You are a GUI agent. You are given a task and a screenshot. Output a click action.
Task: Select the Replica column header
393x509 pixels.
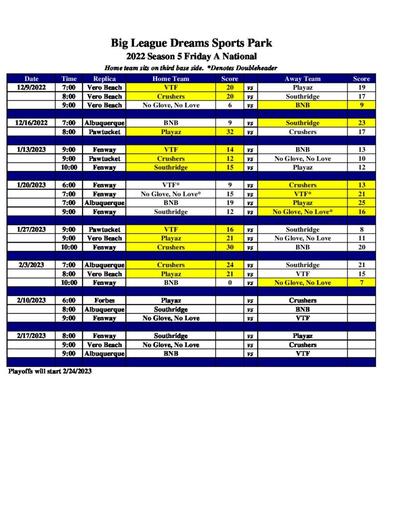pyautogui.click(x=104, y=79)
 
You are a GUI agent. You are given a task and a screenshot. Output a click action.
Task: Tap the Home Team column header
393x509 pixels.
pyautogui.click(x=170, y=79)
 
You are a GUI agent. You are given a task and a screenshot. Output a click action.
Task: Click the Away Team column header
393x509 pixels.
pyautogui.click(x=302, y=79)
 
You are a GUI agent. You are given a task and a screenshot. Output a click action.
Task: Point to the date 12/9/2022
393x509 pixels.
pyautogui.click(x=31, y=87)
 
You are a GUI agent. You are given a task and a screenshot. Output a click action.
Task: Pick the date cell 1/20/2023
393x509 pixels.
pyautogui.click(x=31, y=185)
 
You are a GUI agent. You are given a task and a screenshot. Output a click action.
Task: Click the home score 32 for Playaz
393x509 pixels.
pyautogui.click(x=230, y=132)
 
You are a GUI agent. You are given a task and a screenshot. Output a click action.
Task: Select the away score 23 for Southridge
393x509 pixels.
pyautogui.click(x=361, y=123)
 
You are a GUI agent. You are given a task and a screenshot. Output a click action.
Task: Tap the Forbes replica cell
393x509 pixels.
pyautogui.click(x=104, y=300)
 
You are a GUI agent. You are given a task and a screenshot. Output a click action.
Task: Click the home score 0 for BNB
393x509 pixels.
pyautogui.click(x=230, y=283)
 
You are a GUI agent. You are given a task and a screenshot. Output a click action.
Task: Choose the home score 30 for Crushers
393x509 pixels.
pyautogui.click(x=230, y=247)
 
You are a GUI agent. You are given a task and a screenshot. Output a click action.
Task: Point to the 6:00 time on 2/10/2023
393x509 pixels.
pyautogui.click(x=69, y=300)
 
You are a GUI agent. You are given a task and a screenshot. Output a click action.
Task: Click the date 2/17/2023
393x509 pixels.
pyautogui.click(x=31, y=336)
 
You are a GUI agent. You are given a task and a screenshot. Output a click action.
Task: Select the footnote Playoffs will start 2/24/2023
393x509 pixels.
pyautogui.click(x=50, y=371)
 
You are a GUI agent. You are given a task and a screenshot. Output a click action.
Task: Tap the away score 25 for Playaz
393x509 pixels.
pyautogui.click(x=361, y=203)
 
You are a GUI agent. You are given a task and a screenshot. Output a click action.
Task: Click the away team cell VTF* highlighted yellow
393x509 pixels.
pyautogui.click(x=302, y=194)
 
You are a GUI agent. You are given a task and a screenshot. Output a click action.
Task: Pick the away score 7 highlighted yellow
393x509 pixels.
pyautogui.click(x=361, y=283)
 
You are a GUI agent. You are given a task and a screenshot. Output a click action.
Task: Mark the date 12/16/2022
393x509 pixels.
pyautogui.click(x=31, y=123)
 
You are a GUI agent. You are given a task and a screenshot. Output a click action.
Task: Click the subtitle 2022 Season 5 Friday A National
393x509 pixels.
pyautogui.click(x=191, y=56)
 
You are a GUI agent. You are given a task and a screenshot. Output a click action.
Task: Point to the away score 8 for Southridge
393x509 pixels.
pyautogui.click(x=361, y=230)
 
